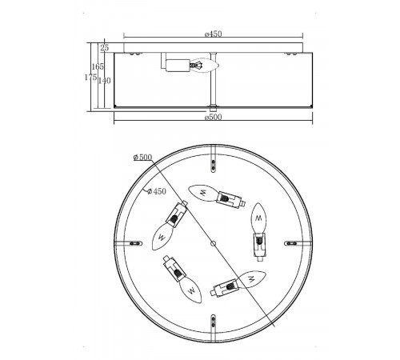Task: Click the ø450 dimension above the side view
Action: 214,34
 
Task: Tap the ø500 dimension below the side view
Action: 214,117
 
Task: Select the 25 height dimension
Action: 105,48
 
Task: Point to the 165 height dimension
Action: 98,66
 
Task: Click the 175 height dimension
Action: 90,78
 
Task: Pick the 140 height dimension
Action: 104,80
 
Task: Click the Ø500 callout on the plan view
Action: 142,158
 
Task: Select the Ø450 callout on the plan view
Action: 157,191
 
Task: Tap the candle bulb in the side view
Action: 205,66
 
